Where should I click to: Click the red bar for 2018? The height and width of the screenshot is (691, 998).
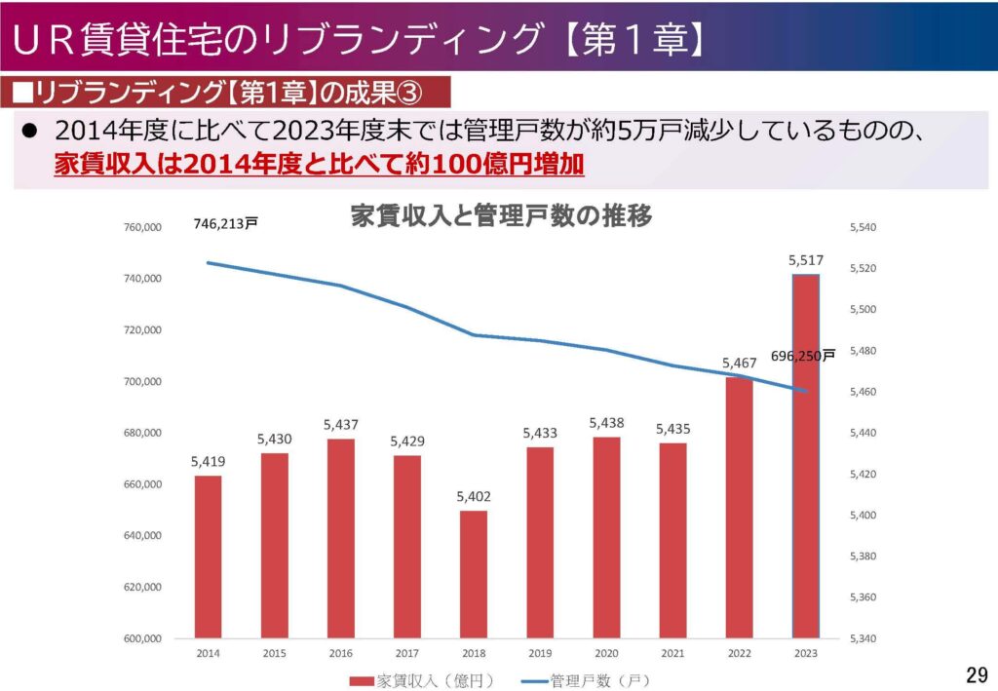[474, 574]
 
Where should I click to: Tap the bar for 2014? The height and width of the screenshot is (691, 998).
[208, 557]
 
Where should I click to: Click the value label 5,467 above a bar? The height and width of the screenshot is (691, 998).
[740, 364]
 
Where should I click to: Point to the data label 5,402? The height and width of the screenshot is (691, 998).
[474, 497]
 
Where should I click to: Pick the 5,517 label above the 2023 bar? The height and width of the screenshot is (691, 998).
[805, 260]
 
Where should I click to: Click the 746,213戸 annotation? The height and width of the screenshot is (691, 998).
[225, 223]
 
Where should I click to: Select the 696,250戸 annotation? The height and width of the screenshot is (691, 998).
[803, 357]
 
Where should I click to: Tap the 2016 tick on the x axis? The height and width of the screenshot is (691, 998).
[340, 652]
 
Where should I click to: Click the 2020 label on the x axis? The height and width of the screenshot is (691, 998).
[606, 652]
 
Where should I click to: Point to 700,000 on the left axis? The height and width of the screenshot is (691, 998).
[142, 382]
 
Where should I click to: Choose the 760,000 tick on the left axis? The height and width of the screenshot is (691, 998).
[142, 228]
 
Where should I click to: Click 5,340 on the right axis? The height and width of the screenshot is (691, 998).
[864, 639]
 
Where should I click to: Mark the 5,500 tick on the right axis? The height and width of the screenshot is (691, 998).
[864, 310]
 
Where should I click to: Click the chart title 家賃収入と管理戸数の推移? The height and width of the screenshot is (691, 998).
[500, 216]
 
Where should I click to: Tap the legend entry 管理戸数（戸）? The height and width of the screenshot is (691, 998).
[585, 678]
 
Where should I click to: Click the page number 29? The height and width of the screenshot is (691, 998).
[976, 673]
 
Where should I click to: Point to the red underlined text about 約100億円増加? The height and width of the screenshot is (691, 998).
[320, 163]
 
